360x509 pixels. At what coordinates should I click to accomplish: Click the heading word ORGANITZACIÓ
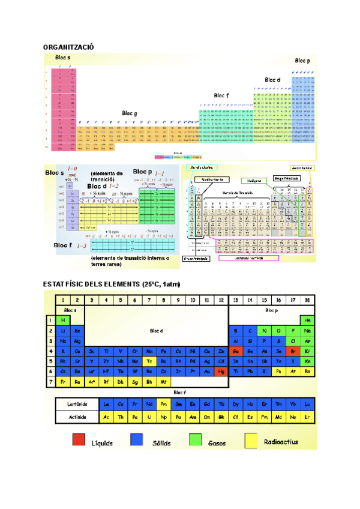68,46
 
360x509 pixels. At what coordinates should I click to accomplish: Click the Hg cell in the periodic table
221,372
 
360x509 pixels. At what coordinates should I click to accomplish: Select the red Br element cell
293,351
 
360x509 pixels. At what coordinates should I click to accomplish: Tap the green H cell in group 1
63,320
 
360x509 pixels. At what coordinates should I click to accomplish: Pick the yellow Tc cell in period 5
149,361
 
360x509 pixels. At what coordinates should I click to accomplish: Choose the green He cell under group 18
308,320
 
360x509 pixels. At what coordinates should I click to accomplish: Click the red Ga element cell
236,351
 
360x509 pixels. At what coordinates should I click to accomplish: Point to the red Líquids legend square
79,441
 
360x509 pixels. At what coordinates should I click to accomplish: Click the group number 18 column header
308,300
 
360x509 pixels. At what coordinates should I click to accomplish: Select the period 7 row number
50,382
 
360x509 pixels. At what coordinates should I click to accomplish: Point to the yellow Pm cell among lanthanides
164,404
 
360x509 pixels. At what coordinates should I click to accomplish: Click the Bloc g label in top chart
130,113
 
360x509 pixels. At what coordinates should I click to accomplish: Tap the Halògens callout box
254,180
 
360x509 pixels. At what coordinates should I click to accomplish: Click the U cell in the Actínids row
149,417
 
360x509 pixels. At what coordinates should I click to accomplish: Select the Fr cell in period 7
63,382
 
